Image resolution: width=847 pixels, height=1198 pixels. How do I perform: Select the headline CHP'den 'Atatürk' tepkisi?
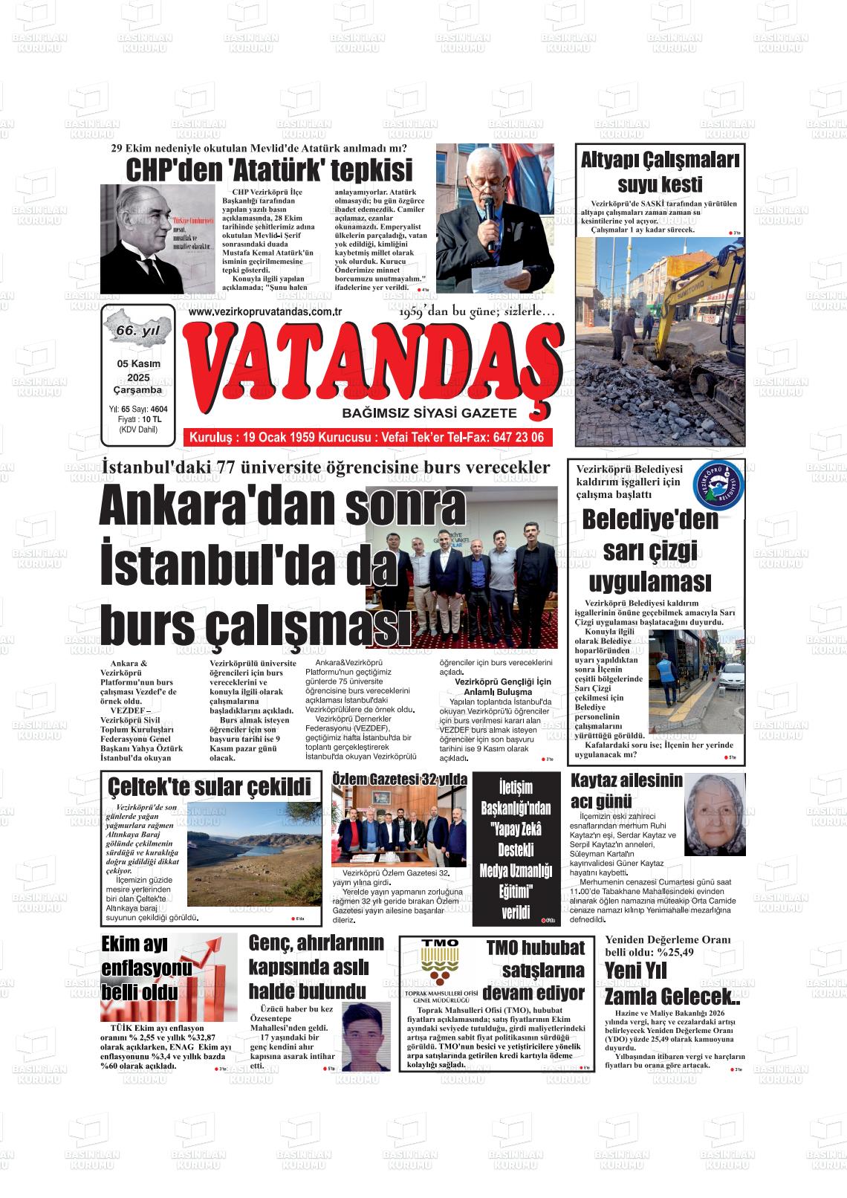pos(268,170)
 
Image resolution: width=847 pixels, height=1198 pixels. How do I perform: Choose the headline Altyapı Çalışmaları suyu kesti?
pos(660,172)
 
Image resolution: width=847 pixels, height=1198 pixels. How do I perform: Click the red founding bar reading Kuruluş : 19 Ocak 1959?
pos(367,438)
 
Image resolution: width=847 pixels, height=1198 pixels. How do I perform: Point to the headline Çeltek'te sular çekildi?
pos(209,786)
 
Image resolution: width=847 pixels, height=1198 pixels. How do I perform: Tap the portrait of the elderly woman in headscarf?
pos(714,815)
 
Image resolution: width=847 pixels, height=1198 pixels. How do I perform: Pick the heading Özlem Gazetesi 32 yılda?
pos(400,778)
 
